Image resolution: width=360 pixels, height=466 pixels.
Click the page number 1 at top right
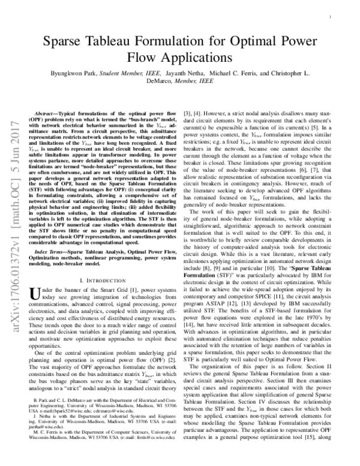(x=331, y=18)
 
